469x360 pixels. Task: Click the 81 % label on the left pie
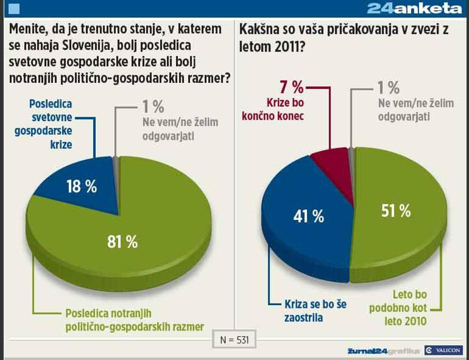[x=122, y=242]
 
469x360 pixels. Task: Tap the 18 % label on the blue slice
[x=81, y=187]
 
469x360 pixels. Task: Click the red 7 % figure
[x=291, y=88]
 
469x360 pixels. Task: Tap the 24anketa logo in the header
[x=414, y=8]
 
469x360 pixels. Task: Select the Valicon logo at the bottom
[x=444, y=350]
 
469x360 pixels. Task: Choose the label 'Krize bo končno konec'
[x=284, y=108]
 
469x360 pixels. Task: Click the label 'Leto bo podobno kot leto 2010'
[x=398, y=308]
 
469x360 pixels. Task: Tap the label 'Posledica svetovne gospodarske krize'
[x=50, y=124]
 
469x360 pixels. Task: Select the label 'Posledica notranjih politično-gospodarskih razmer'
[x=135, y=320]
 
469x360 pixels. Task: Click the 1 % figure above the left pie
[x=152, y=106]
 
